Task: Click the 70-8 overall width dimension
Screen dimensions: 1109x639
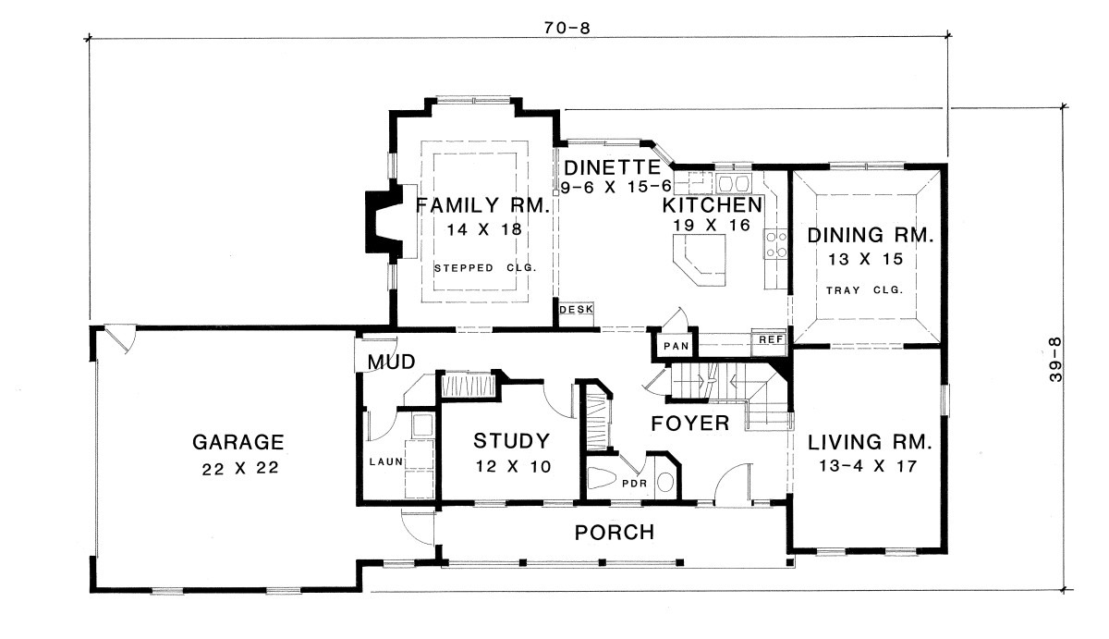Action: [x=567, y=29]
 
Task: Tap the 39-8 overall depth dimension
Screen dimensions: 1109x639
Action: [x=1055, y=360]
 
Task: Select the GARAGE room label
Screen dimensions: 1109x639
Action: [x=238, y=442]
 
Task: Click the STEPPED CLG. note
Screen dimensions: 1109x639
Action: [x=486, y=268]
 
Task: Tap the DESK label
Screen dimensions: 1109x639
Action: [x=577, y=309]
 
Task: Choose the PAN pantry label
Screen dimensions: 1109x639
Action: [x=676, y=346]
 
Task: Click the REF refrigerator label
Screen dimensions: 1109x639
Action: [x=771, y=339]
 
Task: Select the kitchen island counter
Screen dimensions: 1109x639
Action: [x=700, y=259]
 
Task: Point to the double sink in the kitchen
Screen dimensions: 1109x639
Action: [x=734, y=184]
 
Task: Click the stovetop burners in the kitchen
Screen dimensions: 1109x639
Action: [x=775, y=244]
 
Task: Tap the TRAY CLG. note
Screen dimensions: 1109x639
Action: [x=864, y=289]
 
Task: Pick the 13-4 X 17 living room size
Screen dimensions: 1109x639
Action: [x=868, y=466]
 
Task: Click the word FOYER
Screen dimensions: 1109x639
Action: [x=690, y=424]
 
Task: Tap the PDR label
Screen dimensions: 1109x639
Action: [x=635, y=483]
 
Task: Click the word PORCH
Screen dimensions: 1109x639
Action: [x=615, y=533]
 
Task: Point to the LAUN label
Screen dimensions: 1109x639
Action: [x=386, y=461]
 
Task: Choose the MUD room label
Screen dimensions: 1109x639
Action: [x=391, y=363]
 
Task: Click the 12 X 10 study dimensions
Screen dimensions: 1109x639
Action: [x=514, y=467]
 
